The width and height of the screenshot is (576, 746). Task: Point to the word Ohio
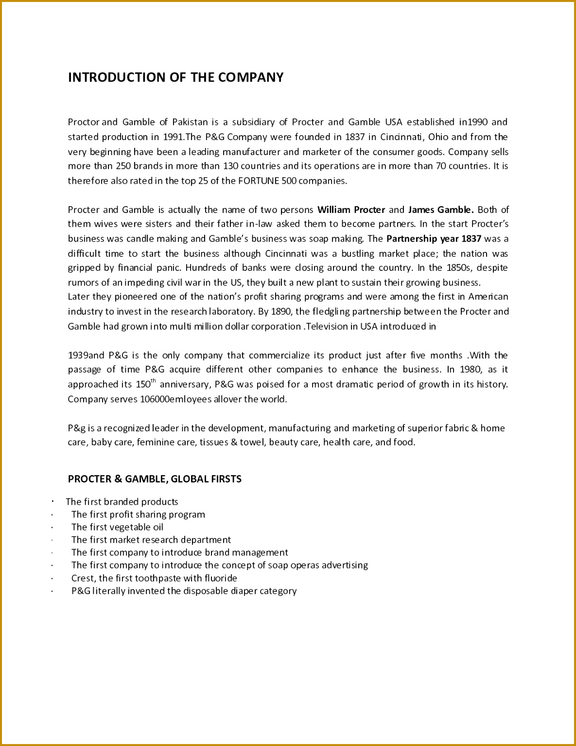point(438,137)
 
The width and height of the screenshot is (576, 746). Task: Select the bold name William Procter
point(351,210)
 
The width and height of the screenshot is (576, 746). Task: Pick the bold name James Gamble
point(441,210)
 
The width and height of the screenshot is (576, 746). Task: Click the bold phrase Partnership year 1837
point(434,239)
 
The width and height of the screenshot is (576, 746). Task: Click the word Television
point(332,326)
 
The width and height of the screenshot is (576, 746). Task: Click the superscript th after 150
point(154,381)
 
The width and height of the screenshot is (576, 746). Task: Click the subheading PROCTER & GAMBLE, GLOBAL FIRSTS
point(155,479)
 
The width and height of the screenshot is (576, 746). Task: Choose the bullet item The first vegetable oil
point(117,527)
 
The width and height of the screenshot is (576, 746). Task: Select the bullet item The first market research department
point(151,540)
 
